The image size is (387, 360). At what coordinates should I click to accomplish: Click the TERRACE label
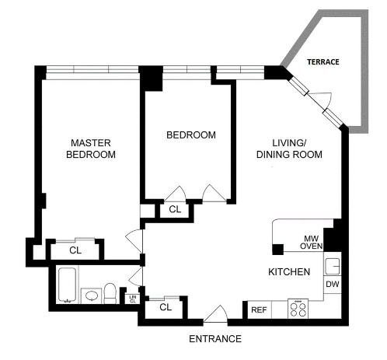[x=322, y=61]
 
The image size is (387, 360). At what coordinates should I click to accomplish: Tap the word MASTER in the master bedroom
[x=91, y=142]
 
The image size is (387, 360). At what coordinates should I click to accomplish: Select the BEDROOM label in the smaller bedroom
[x=190, y=135]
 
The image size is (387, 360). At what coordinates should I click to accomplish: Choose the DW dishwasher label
[x=332, y=285]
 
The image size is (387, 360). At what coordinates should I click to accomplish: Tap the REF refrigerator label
[x=259, y=310]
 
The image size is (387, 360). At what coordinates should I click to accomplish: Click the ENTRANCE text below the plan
[x=215, y=339]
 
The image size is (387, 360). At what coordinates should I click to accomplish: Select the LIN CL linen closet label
[x=132, y=298]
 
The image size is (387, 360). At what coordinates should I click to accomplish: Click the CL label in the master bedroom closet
[x=75, y=250]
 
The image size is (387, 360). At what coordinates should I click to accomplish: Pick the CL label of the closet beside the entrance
[x=165, y=307]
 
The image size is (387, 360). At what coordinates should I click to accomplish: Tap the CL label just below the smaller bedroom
[x=175, y=209]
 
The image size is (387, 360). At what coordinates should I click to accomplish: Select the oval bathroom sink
[x=91, y=296]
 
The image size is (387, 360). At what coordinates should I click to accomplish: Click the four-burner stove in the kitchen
[x=298, y=309]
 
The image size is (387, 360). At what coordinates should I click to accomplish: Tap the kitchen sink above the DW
[x=332, y=266]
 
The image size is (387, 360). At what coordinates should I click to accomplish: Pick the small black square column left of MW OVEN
[x=277, y=249]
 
